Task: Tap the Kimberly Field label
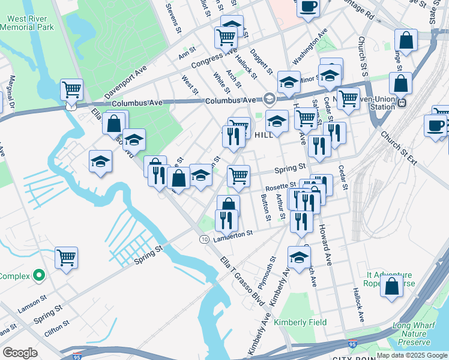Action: [x=300, y=322]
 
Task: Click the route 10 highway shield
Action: [x=205, y=239]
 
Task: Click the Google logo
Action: [x=20, y=353]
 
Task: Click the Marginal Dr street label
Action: [x=11, y=91]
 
